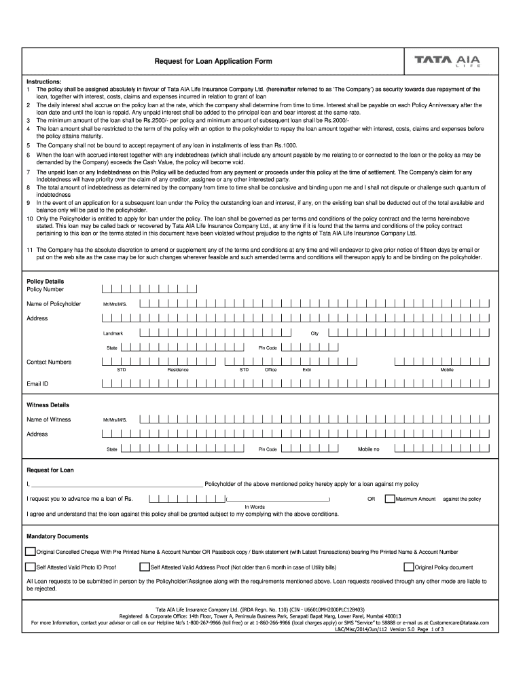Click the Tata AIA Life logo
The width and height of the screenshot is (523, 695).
[x=448, y=61]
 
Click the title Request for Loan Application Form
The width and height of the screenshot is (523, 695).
[x=213, y=61]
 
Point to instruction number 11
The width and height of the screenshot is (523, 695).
[x=30, y=250]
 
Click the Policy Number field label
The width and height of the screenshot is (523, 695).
[x=45, y=289]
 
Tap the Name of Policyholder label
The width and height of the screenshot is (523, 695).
[x=54, y=303]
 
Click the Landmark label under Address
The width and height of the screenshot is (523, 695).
[x=113, y=334]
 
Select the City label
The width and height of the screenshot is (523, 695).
[x=314, y=334]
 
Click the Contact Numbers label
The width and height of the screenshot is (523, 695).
[x=49, y=362]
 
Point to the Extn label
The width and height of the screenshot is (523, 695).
[x=307, y=370]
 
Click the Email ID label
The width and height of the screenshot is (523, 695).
[x=37, y=383]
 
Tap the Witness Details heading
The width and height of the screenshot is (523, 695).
[x=48, y=405]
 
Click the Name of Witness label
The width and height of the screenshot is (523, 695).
[x=48, y=419]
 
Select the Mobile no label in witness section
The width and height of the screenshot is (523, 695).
[x=369, y=449]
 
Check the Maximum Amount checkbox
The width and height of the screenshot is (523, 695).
[x=389, y=499]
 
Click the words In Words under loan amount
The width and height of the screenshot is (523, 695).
[x=255, y=507]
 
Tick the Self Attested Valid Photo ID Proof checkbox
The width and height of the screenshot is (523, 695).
[x=31, y=567]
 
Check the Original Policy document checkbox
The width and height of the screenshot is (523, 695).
[x=408, y=567]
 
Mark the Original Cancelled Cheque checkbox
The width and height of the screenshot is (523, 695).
[x=31, y=552]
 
